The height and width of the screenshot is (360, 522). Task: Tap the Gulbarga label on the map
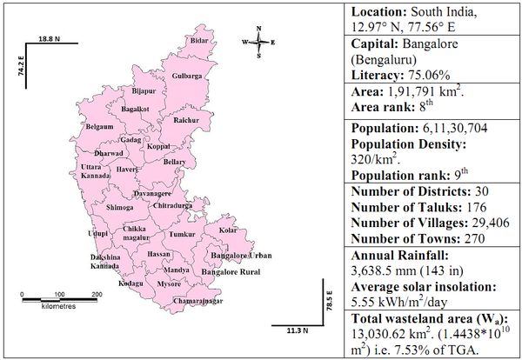pyautogui.click(x=186, y=77)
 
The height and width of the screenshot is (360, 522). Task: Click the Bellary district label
pyautogui.click(x=174, y=162)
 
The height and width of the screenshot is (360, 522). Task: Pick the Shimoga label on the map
pyautogui.click(x=119, y=208)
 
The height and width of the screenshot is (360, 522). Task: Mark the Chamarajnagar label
pyautogui.click(x=199, y=300)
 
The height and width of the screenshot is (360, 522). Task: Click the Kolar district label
pyautogui.click(x=228, y=230)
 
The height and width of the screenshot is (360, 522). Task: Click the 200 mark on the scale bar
pyautogui.click(x=96, y=296)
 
